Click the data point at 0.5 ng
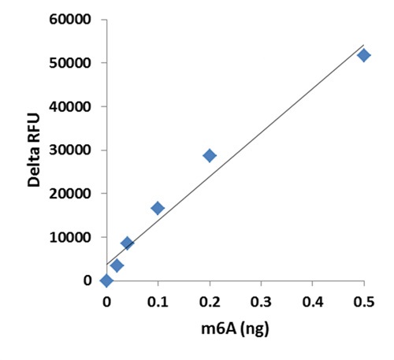point(363,55)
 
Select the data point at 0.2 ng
point(210,155)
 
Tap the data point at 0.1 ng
point(158,208)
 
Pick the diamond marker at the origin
point(106,280)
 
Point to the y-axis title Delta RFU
point(34,150)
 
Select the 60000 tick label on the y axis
point(70,20)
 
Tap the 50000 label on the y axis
point(70,63)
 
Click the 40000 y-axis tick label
point(70,106)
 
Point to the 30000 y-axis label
point(70,150)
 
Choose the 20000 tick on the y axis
point(70,194)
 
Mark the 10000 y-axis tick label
point(70,237)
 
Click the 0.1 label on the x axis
point(158,300)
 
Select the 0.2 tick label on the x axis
point(210,300)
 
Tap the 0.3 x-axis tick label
point(261,300)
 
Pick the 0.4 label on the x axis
point(312,300)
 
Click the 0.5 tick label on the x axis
point(363,300)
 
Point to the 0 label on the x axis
point(106,300)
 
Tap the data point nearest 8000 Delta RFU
point(127,243)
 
